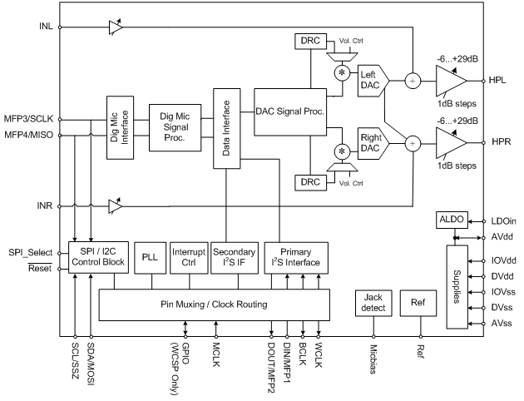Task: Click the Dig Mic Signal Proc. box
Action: point(175,127)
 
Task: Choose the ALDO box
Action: point(453,220)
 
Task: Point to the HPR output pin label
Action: point(501,142)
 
